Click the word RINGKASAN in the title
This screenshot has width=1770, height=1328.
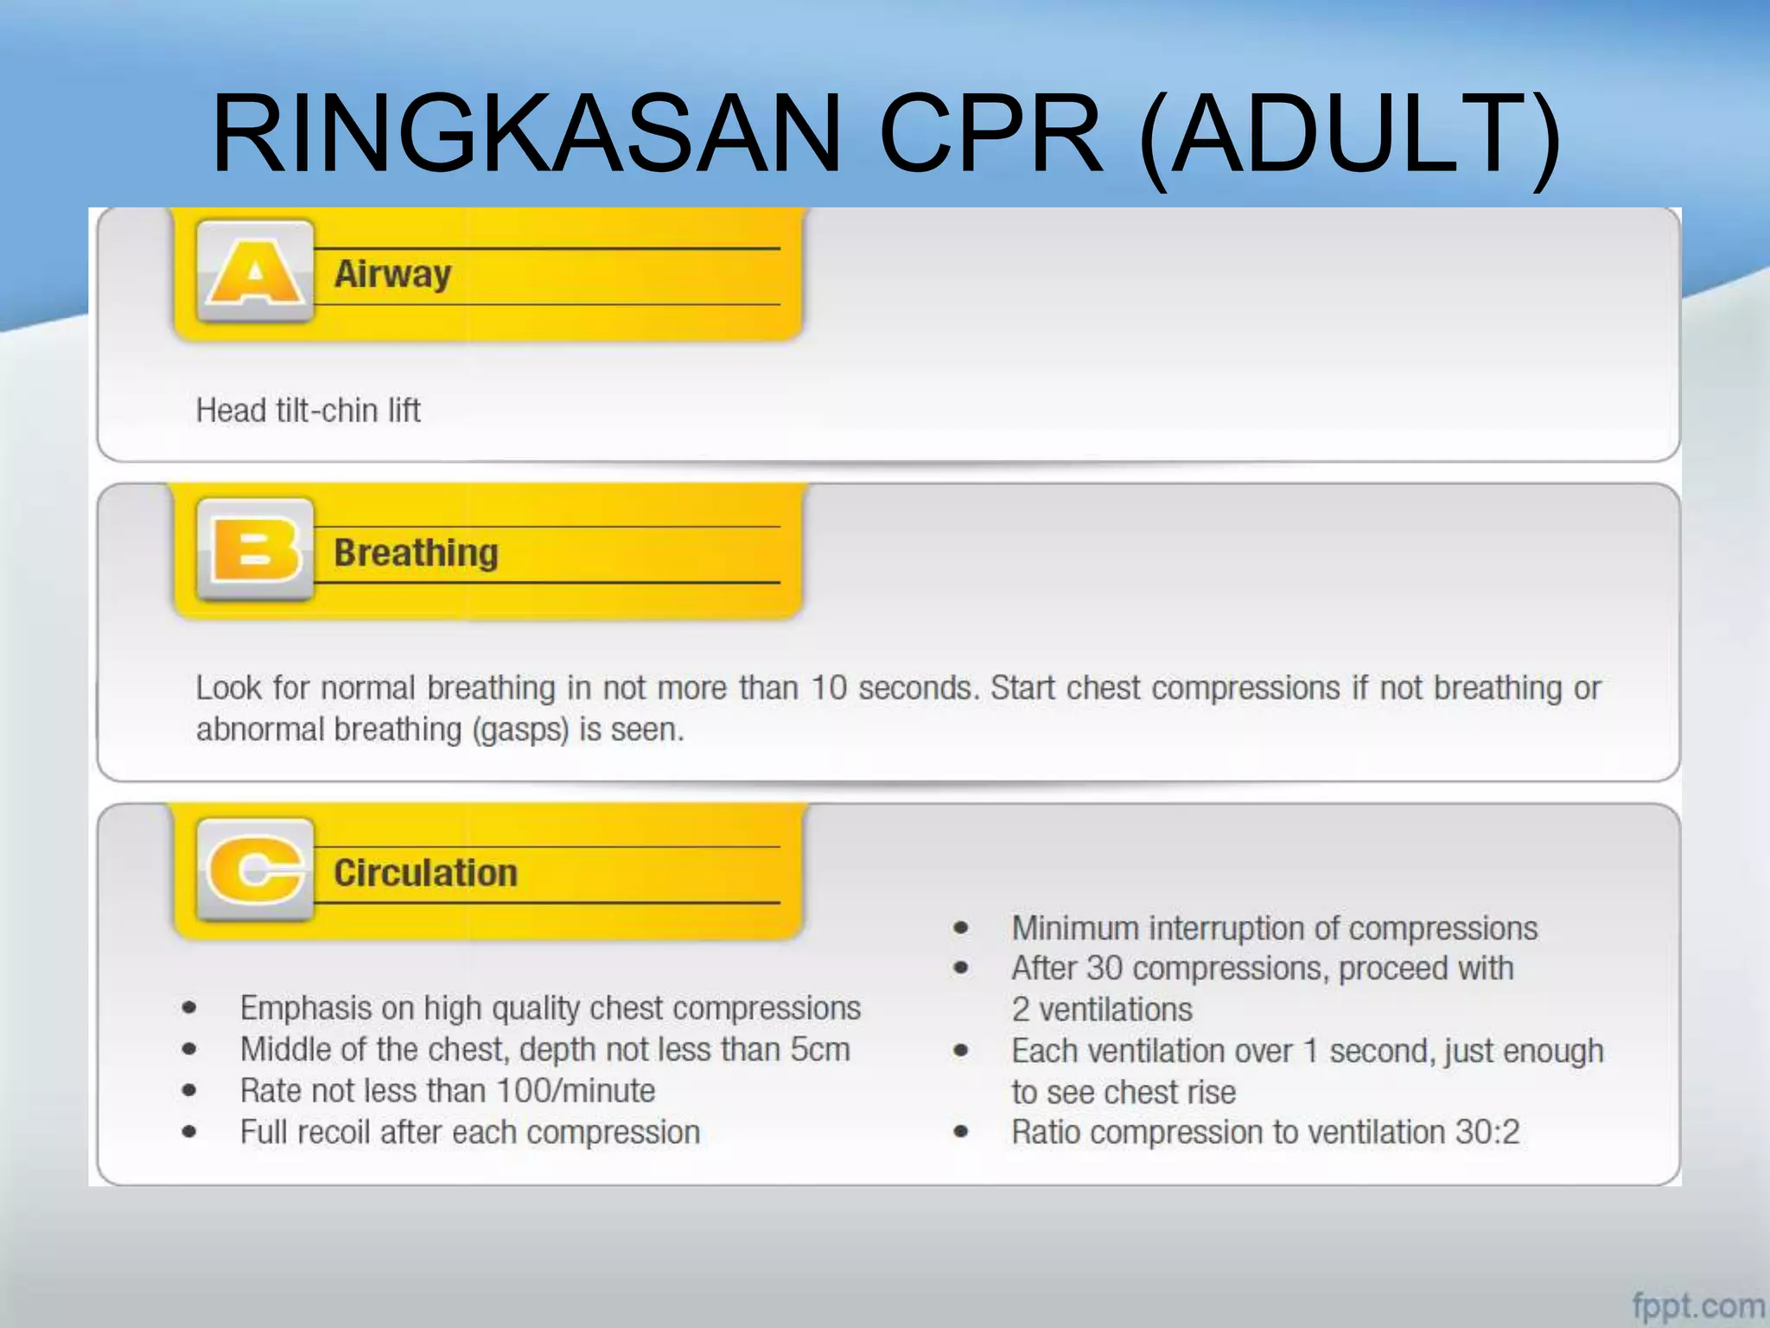click(525, 134)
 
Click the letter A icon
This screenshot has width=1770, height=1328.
click(255, 271)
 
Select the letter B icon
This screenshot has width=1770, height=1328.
click(255, 550)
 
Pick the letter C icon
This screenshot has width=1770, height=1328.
click(255, 870)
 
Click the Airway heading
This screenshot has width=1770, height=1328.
click(392, 275)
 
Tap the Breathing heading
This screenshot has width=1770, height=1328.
click(416, 553)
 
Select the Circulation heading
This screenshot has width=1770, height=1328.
click(425, 873)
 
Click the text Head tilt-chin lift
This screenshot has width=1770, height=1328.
click(308, 411)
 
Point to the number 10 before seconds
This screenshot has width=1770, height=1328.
click(828, 688)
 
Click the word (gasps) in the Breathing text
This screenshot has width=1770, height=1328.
click(520, 731)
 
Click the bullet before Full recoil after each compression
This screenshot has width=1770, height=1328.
click(189, 1132)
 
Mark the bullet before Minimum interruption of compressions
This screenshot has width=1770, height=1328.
click(960, 929)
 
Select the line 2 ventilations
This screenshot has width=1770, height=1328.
click(1101, 1010)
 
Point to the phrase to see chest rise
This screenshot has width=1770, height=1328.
click(1123, 1093)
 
